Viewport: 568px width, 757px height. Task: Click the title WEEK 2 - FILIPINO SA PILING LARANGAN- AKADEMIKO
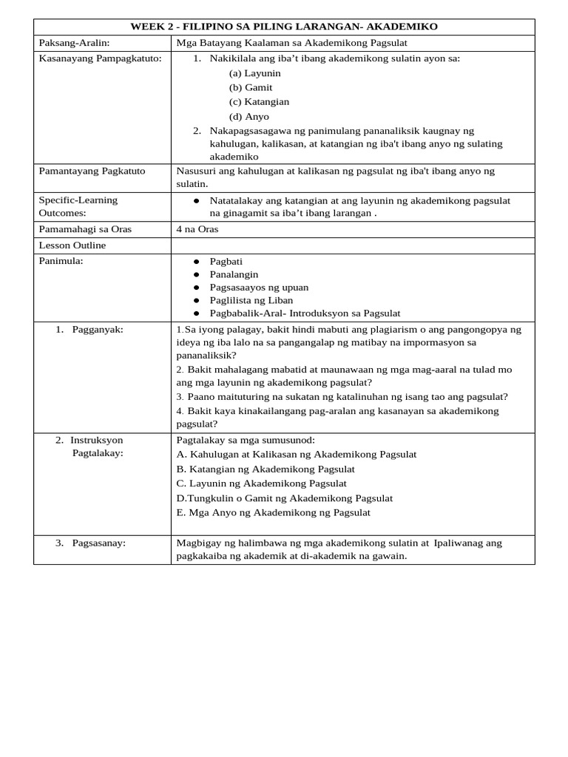coord(284,27)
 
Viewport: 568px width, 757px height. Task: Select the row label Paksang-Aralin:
coord(74,43)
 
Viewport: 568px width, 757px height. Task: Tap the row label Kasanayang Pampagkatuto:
coord(100,58)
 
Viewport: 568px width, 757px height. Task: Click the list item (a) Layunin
coord(254,73)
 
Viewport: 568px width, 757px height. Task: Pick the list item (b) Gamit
coord(251,87)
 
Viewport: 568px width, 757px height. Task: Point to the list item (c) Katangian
coord(259,101)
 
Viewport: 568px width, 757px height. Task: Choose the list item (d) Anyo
coord(249,116)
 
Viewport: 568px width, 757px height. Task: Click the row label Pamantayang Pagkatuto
coord(92,171)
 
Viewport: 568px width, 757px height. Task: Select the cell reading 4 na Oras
coord(197,229)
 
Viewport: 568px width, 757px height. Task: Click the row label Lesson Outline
coord(72,245)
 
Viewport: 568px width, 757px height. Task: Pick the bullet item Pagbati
coord(226,262)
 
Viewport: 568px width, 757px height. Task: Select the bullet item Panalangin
coord(234,274)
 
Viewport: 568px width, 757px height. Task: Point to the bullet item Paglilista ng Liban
coord(251,300)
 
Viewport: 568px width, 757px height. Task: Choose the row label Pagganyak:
coord(97,329)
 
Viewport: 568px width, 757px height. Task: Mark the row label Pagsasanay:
coord(98,543)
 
